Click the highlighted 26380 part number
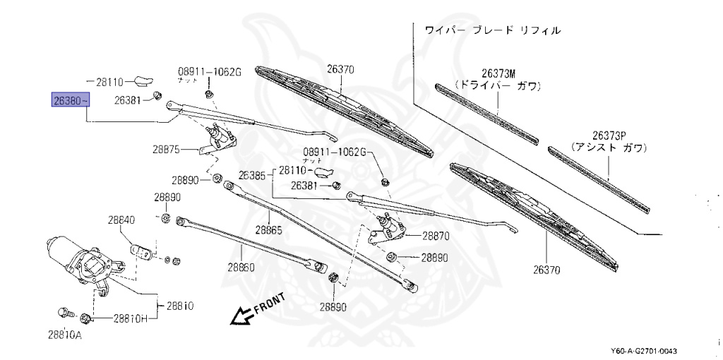click(x=70, y=101)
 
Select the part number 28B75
click(x=167, y=150)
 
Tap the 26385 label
click(x=251, y=174)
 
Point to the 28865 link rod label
click(x=269, y=230)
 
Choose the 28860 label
click(x=241, y=268)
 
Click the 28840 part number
click(x=121, y=220)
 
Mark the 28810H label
click(x=130, y=318)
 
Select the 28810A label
click(x=65, y=335)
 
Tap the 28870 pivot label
click(x=436, y=236)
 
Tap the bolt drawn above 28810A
click(x=62, y=311)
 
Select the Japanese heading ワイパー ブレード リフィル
click(x=493, y=30)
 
